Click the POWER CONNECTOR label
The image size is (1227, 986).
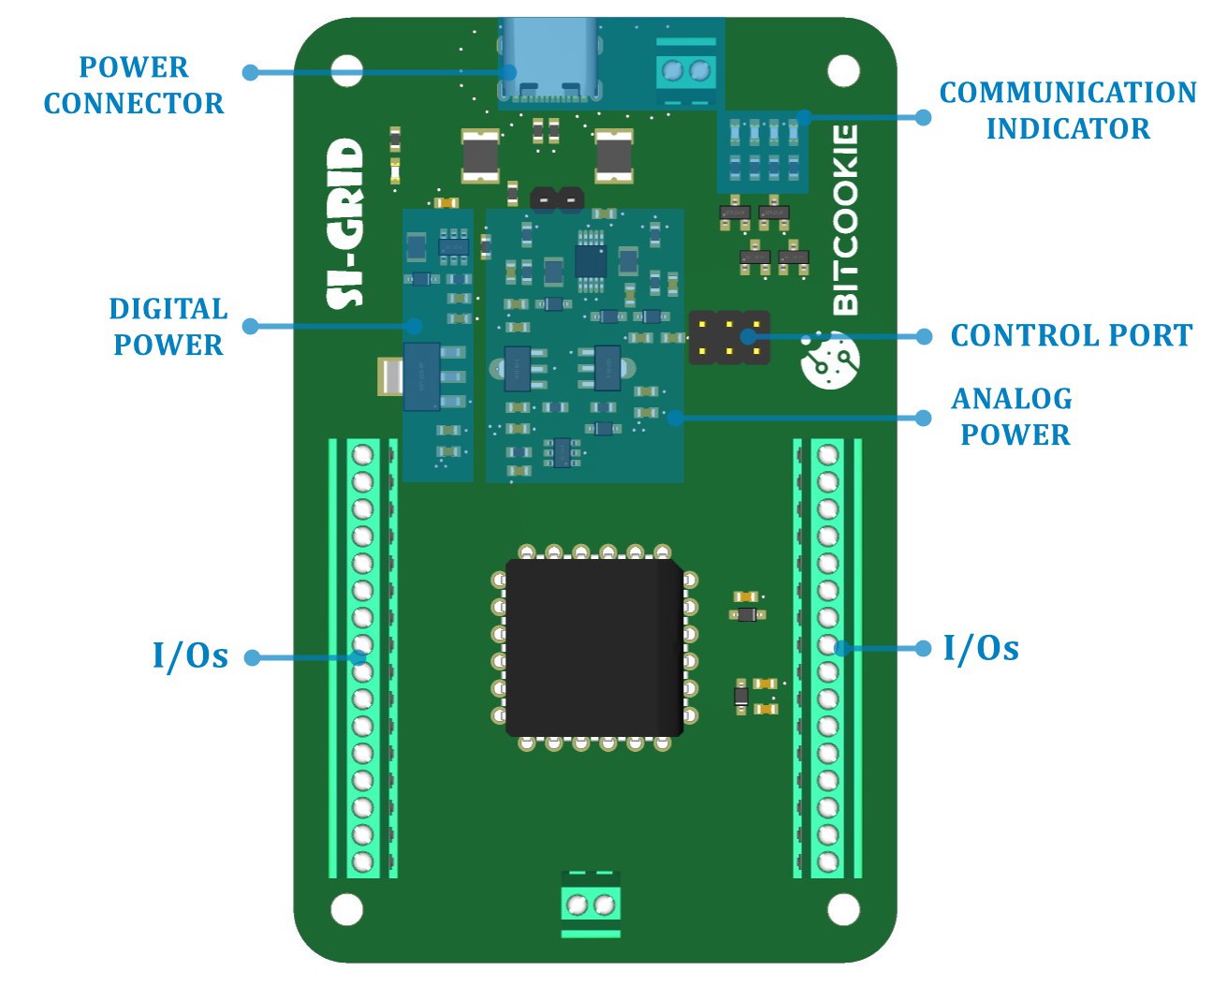tap(134, 85)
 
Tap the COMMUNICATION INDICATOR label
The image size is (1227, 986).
tap(1068, 110)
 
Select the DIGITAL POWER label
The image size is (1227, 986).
tap(168, 327)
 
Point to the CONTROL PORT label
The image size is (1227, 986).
tap(1072, 335)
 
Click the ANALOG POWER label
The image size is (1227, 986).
tap(1014, 417)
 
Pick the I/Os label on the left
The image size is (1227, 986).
tap(191, 656)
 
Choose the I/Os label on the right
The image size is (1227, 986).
tap(981, 648)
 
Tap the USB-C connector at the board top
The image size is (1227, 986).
tap(548, 64)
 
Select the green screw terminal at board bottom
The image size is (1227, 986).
tap(591, 905)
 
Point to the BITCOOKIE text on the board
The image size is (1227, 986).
tap(844, 220)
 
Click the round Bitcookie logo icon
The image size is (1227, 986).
tap(829, 359)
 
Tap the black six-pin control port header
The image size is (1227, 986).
tap(730, 338)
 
